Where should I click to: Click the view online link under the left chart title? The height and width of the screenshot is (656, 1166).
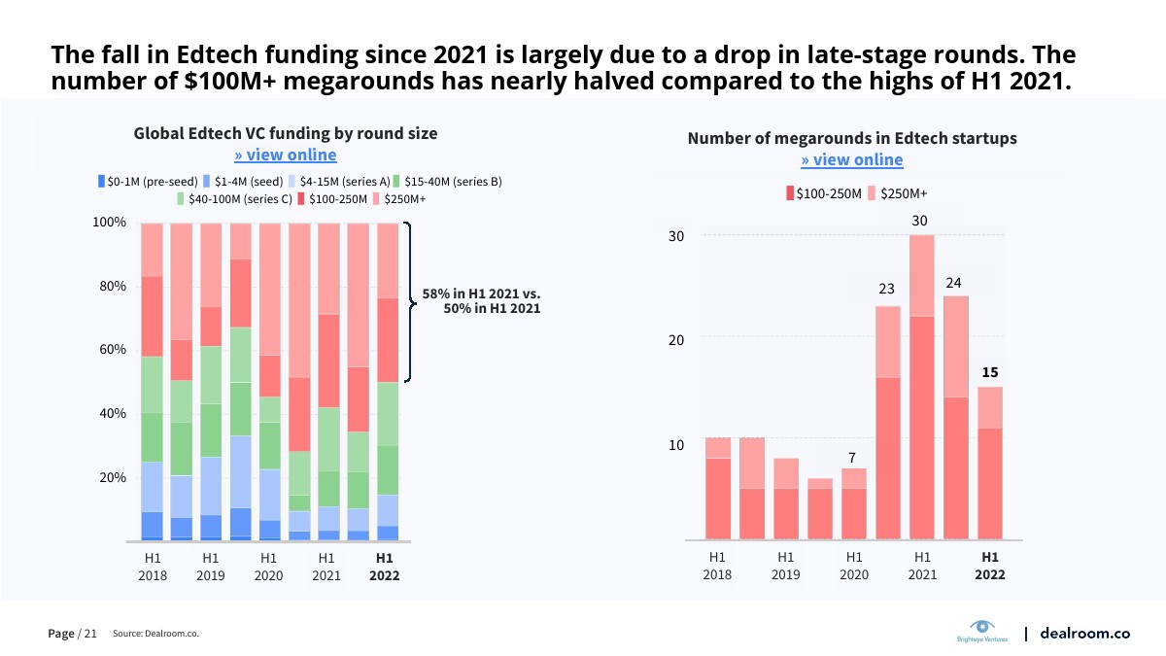coord(286,155)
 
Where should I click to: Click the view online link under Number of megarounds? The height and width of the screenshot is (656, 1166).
coord(852,160)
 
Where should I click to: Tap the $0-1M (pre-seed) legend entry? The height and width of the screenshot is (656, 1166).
coord(149,182)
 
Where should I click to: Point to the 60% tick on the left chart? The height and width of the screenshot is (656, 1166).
coord(111,350)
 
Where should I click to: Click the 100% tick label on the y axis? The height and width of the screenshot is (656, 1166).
coord(109,223)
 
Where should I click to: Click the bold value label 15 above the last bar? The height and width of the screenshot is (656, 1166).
coord(989,372)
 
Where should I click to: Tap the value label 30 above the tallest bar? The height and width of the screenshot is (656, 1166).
coord(920,222)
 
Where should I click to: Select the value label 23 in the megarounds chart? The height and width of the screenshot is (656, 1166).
coord(886,289)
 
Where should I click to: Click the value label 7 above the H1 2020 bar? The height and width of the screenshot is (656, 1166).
coord(851,458)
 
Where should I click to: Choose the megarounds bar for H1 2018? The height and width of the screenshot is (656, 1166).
coord(718,489)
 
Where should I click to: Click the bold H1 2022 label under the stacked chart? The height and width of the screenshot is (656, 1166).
coord(384,567)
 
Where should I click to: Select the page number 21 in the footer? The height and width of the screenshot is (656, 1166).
coord(90,634)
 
